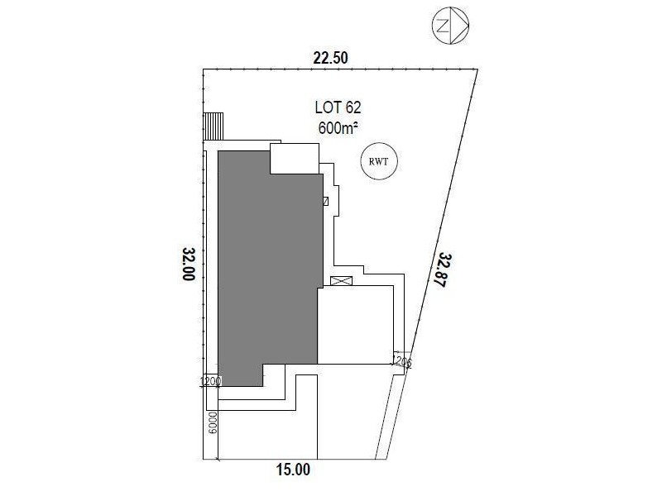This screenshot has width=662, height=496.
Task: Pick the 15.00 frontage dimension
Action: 294,470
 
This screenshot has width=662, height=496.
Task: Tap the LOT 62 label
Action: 338,107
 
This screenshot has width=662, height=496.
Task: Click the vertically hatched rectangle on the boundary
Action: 214,127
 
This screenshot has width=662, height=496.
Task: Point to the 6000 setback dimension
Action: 212,423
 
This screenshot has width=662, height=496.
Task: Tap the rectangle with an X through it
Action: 341,280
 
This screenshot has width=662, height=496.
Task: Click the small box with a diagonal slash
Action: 325,200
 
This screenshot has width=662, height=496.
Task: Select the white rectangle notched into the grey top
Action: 295,158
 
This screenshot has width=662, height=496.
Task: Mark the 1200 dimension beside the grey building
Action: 210,381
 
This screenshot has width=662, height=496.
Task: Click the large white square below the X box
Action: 355,325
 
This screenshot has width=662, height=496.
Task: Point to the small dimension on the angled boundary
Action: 402,361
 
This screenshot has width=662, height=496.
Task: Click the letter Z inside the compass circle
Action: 443,26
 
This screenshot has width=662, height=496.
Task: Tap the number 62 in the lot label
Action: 352,107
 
